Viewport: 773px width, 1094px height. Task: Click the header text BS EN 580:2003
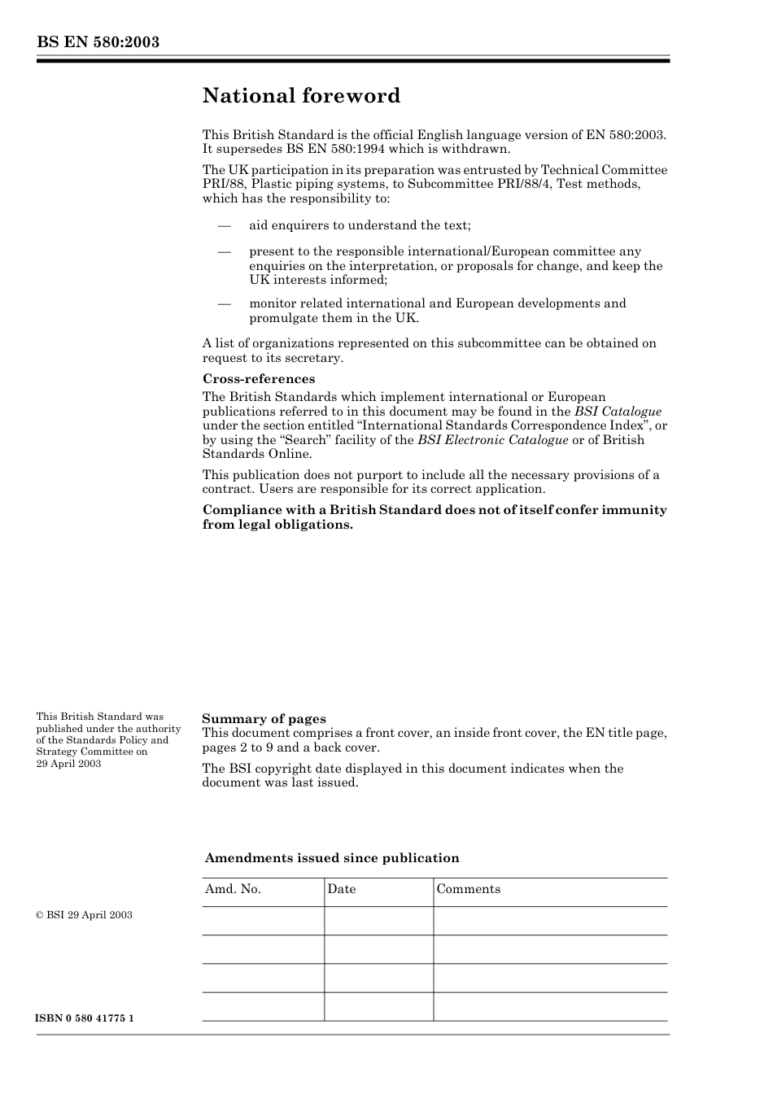[98, 42]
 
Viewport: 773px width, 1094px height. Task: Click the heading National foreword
[301, 96]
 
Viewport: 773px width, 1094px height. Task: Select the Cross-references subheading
[258, 379]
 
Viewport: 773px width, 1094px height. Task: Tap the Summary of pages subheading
[264, 718]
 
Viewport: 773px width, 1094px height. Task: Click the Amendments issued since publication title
[332, 858]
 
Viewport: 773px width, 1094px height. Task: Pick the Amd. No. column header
[233, 889]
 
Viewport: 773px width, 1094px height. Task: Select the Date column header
[342, 889]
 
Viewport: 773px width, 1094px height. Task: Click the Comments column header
[468, 889]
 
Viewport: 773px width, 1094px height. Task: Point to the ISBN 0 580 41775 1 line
[85, 1018]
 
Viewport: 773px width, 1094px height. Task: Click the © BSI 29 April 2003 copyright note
[84, 915]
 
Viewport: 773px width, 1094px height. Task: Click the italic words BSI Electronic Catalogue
[492, 440]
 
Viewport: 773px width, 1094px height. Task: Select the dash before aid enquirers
[224, 225]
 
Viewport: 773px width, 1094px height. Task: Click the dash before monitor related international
[224, 303]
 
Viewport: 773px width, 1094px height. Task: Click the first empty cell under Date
[378, 921]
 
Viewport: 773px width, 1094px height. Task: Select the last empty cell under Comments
[550, 1006]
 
